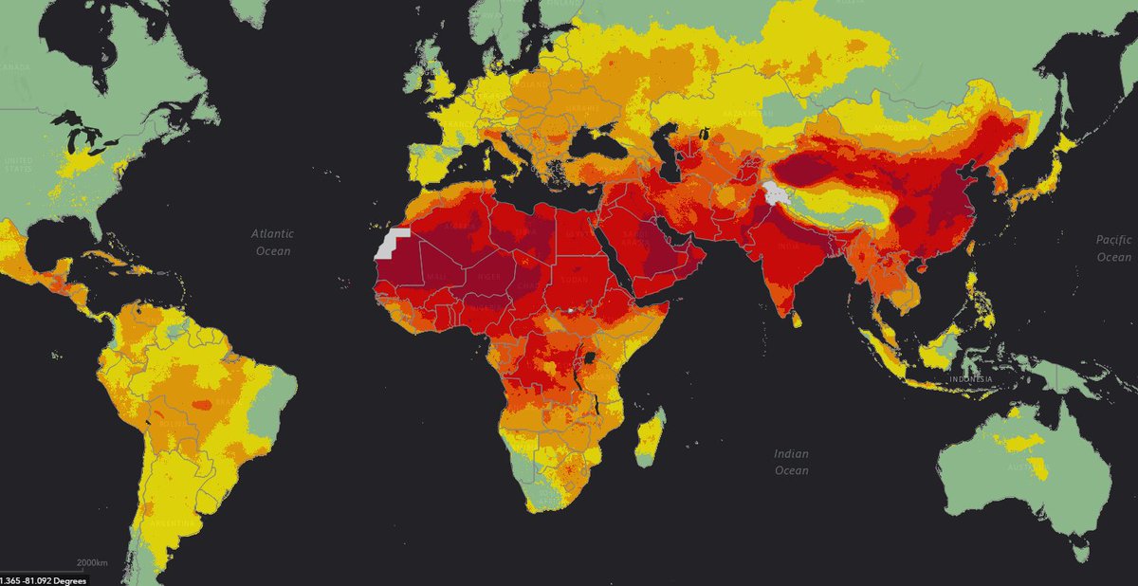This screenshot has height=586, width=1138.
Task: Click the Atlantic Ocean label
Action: click(x=272, y=242)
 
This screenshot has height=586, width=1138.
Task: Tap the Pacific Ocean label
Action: click(x=1113, y=249)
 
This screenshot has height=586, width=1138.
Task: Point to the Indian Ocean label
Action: click(x=791, y=463)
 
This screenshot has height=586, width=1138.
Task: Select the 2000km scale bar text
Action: click(x=92, y=563)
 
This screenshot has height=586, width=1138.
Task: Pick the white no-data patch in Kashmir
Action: click(x=776, y=194)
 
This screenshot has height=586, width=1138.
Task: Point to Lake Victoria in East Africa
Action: click(x=593, y=357)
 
